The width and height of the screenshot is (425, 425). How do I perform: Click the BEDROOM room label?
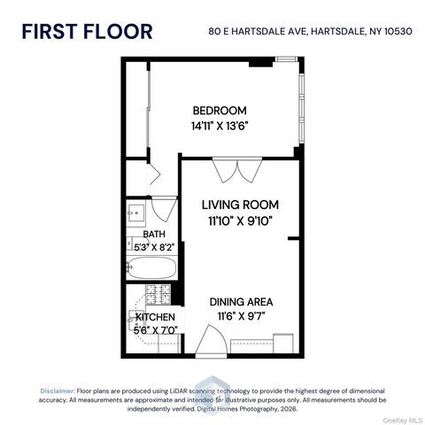coord(219,111)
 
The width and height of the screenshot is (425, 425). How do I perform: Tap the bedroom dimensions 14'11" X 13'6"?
coord(219,126)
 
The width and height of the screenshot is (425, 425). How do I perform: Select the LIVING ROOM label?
coord(239,203)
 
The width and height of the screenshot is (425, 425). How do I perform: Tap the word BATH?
coord(142,235)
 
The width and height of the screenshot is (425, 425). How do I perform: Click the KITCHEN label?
coord(155,317)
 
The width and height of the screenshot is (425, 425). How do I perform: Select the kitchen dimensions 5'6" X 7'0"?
coord(155,329)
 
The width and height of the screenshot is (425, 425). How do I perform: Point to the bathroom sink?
coord(136,213)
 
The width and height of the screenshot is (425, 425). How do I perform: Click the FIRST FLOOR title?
coord(86,33)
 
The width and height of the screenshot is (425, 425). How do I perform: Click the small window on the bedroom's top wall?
coord(286,58)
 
